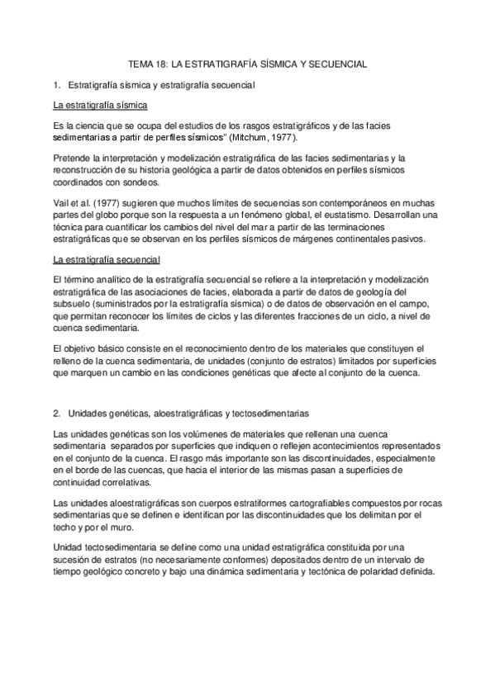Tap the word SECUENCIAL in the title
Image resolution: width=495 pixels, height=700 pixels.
pos(334,63)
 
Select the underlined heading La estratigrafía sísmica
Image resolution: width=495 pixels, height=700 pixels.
pos(99,106)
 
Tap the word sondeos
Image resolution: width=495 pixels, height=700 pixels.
pos(124,182)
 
